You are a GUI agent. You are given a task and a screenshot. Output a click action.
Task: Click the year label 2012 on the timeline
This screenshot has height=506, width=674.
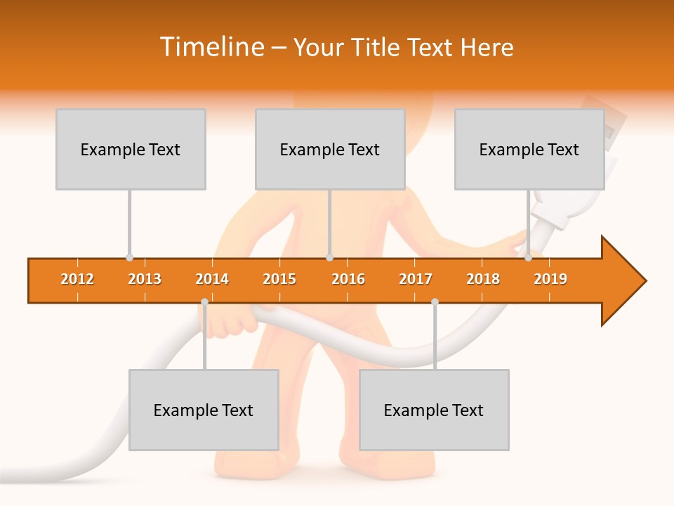[x=77, y=279]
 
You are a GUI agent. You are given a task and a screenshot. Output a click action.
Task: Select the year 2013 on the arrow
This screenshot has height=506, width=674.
[x=145, y=279]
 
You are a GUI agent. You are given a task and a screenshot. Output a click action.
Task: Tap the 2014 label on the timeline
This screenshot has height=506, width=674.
[x=212, y=279]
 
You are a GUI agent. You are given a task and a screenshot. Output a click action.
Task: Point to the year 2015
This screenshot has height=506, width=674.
[x=279, y=279]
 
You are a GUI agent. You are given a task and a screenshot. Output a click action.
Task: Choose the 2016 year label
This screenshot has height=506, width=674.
[x=348, y=279]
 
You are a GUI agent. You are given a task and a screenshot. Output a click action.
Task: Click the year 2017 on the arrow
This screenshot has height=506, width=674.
[x=416, y=279]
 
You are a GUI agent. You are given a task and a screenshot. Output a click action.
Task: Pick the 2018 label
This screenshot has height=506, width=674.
[x=483, y=279]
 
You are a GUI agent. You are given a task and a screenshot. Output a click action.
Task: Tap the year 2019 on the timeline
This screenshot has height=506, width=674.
[x=550, y=279]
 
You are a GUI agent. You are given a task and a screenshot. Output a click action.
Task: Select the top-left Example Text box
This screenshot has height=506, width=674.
[x=131, y=150]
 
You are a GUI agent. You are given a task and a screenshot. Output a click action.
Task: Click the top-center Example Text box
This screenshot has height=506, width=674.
[x=330, y=150]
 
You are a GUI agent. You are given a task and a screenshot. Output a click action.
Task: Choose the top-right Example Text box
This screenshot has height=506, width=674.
[x=529, y=150]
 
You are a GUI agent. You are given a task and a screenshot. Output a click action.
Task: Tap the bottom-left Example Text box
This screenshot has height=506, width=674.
[x=204, y=410]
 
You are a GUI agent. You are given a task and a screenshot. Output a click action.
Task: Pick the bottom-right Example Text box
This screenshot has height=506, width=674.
[x=434, y=410]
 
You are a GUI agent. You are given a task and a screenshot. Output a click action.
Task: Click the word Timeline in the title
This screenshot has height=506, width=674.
[x=211, y=47]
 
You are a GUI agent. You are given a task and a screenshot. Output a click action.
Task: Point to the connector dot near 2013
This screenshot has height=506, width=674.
[x=129, y=258]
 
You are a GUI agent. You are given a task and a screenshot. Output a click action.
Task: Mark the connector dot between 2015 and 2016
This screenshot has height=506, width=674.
[x=329, y=258]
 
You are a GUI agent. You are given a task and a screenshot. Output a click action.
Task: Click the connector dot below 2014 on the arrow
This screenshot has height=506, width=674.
[x=204, y=302]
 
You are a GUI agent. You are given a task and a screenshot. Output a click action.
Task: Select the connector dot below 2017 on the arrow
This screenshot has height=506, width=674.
[x=435, y=302]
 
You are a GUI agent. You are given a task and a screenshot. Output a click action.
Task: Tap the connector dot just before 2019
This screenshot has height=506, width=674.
[x=528, y=258]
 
